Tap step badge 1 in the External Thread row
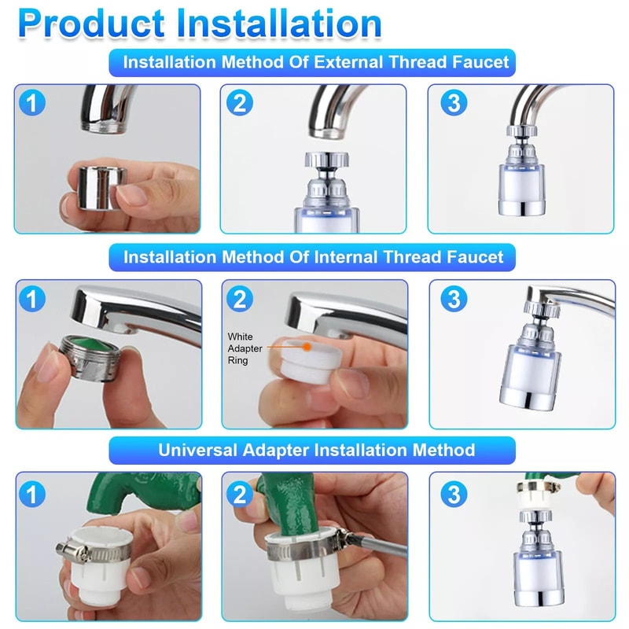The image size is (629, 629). coord(32,102)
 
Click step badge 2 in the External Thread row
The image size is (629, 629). coord(238,102)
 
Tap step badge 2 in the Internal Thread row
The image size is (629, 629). coord(240,298)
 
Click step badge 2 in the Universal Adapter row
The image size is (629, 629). coord(240,492)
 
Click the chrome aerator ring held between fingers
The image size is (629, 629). coord(93,183)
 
